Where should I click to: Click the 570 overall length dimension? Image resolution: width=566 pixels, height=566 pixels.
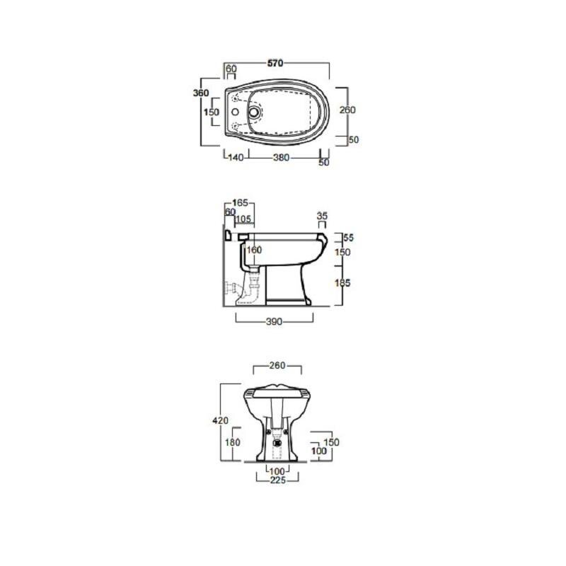click(x=275, y=63)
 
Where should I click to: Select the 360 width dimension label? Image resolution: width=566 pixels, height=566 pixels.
click(x=201, y=93)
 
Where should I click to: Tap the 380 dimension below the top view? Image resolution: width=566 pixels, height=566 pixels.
click(x=281, y=157)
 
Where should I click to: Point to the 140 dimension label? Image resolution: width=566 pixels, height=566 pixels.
click(x=236, y=157)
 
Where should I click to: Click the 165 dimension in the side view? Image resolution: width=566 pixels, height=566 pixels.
click(x=240, y=203)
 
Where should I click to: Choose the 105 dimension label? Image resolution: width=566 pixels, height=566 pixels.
click(x=243, y=219)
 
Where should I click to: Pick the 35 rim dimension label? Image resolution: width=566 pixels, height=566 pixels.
click(x=322, y=216)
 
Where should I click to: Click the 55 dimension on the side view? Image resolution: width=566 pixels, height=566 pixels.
click(x=348, y=238)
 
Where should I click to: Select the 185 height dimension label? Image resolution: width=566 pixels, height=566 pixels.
click(x=342, y=283)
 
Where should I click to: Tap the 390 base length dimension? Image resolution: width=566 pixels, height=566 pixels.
click(x=274, y=322)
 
